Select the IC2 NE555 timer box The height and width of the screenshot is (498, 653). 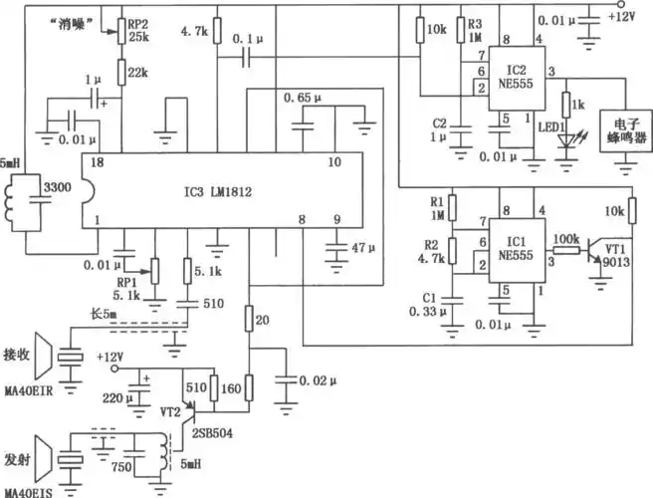point(516,84)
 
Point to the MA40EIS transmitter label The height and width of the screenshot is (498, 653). point(33,488)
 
